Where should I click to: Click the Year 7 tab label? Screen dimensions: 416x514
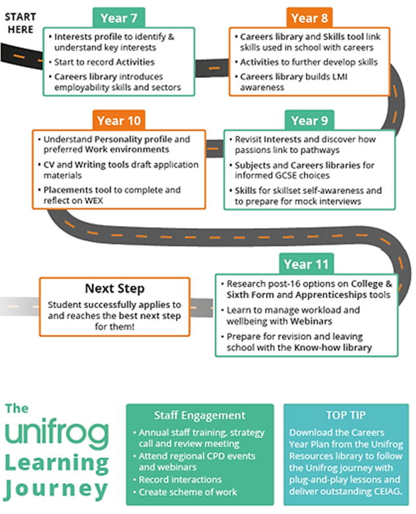tap(119, 18)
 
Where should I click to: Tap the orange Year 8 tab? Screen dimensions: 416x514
tap(309, 18)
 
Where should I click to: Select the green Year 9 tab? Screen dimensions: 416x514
tap(309, 121)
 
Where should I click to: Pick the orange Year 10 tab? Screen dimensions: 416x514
tap(119, 121)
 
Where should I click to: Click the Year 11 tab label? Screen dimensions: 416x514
tap(307, 264)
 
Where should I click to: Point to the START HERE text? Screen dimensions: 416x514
tap(20, 23)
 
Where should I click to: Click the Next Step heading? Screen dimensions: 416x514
tap(115, 288)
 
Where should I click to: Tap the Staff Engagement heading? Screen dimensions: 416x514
tap(200, 415)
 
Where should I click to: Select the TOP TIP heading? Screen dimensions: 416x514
tap(346, 415)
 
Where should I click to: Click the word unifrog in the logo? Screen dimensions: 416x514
tap(57, 434)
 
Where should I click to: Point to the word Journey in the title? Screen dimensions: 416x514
tap(56, 489)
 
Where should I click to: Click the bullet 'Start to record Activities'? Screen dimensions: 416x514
tap(104, 62)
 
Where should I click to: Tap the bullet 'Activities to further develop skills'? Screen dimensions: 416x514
tap(309, 62)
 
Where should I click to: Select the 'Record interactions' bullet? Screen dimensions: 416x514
tap(180, 480)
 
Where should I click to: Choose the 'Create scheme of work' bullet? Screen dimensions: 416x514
tap(188, 492)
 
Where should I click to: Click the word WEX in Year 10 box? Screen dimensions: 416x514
tap(94, 201)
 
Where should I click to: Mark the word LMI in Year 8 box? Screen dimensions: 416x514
tap(340, 77)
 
